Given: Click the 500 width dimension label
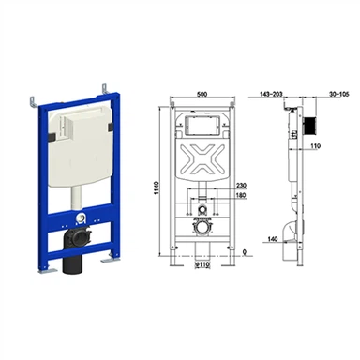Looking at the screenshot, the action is click(x=202, y=94).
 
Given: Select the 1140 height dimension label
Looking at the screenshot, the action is click(x=157, y=187).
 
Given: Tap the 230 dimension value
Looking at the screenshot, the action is click(x=241, y=186).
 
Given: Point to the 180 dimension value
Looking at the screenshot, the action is click(x=241, y=195).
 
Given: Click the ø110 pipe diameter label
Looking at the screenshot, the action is click(x=202, y=264).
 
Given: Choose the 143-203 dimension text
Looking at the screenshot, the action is click(x=271, y=94).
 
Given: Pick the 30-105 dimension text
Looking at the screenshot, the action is click(x=338, y=94).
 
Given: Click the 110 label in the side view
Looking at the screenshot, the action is click(x=316, y=145).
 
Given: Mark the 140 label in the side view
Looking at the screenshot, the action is click(x=273, y=239).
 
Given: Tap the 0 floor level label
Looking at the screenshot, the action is click(x=245, y=252).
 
